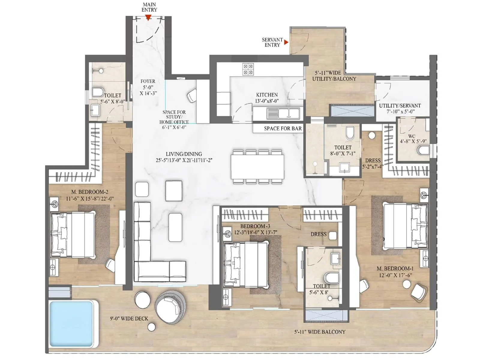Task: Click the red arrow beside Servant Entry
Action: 286,42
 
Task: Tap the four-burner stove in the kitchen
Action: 248,69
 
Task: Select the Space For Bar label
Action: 283,128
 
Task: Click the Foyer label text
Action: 148,81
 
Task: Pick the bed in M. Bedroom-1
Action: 406,226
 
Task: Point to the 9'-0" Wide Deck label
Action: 129,319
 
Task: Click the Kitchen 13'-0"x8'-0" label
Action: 267,98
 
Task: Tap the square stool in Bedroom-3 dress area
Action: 332,235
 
